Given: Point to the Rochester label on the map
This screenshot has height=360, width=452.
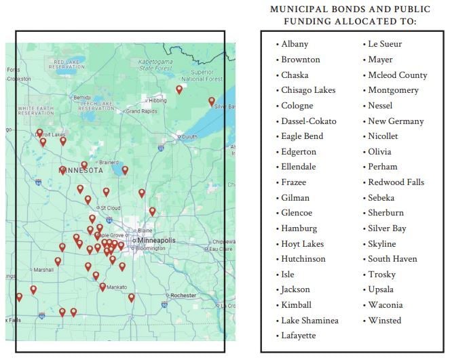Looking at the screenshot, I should [x=183, y=296].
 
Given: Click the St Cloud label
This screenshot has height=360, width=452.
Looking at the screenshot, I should [x=111, y=207].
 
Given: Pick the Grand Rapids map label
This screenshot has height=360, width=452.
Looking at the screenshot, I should [x=141, y=111].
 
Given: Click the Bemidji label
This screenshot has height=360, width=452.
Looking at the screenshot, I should [x=81, y=96].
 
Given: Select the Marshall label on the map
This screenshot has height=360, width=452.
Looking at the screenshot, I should [x=43, y=269].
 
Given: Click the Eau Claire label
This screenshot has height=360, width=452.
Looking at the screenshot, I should [x=220, y=249].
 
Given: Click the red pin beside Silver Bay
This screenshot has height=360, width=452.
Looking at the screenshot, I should [x=211, y=100].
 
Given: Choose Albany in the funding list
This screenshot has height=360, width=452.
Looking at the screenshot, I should [x=295, y=44].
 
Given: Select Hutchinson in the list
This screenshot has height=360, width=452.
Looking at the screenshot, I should [x=303, y=259].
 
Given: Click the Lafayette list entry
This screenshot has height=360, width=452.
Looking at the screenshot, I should [x=299, y=336].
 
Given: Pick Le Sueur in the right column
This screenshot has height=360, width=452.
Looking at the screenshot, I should [x=385, y=44].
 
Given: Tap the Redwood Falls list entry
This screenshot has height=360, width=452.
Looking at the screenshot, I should [x=396, y=182].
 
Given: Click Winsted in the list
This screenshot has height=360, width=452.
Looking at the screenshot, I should [x=384, y=320].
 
